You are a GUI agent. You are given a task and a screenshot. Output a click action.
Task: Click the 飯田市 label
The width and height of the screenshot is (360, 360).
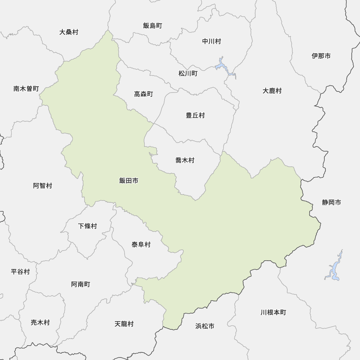pyautogui.click(x=129, y=181)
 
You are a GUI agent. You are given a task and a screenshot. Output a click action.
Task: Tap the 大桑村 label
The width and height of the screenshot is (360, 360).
pyautogui.click(x=69, y=32)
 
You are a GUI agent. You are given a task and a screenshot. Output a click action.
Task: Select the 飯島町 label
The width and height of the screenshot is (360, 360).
pyautogui.click(x=152, y=26)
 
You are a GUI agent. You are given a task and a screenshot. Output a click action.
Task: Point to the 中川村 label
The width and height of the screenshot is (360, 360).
pyautogui.click(x=211, y=41)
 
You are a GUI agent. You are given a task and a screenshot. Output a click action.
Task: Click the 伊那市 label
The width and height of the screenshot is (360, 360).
pyautogui.click(x=321, y=56)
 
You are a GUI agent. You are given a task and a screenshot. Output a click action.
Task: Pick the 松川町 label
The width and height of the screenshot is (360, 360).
pyautogui.click(x=188, y=73)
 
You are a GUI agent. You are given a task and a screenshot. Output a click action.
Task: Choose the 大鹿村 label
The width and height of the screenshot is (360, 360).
pyautogui.click(x=272, y=91)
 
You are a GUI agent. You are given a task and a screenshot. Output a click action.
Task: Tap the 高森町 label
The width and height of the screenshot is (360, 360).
pyautogui.click(x=143, y=94)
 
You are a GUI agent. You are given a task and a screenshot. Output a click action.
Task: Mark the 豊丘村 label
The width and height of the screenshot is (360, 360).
pyautogui.click(x=195, y=115)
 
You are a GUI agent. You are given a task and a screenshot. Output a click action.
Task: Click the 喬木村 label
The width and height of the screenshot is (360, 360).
pyautogui.click(x=185, y=161)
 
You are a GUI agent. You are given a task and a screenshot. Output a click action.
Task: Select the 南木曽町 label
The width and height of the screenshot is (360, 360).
pyautogui.click(x=26, y=89)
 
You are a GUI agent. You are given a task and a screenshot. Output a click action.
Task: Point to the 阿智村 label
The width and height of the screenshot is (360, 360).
pyautogui.click(x=42, y=186)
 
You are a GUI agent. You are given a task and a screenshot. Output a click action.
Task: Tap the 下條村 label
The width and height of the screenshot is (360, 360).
pyautogui.click(x=87, y=226)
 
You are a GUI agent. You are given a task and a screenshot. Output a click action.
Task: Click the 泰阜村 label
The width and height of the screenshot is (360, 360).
pyautogui.click(x=141, y=245)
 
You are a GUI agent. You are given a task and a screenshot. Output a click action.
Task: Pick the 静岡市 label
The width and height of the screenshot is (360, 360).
pyautogui.click(x=331, y=202)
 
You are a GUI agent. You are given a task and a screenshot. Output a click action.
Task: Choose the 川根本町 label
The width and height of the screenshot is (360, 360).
pyautogui.click(x=273, y=312)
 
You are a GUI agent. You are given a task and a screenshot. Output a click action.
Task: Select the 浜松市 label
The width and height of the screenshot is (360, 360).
pyautogui.click(x=205, y=326)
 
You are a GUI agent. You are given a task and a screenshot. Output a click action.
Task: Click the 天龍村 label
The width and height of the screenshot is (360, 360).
pyautogui.click(x=124, y=324)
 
